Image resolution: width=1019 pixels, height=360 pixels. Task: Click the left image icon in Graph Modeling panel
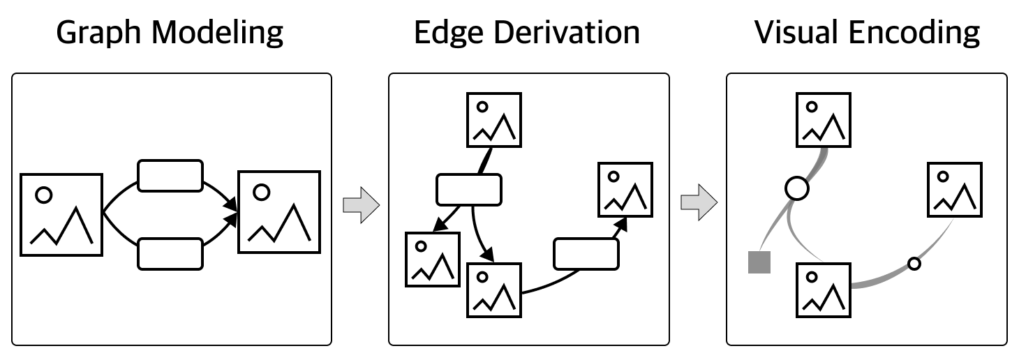click(61, 214)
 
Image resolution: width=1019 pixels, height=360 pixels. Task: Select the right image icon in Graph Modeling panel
click(279, 211)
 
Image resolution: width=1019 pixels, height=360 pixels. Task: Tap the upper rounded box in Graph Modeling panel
click(170, 176)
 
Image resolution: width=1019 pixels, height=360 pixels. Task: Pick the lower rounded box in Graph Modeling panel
click(170, 253)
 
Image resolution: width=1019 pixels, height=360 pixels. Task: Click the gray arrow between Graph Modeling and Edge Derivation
click(361, 205)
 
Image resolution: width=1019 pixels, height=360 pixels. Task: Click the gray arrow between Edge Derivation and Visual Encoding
click(699, 202)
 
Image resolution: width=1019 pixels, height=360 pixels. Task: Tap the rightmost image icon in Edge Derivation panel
click(625, 189)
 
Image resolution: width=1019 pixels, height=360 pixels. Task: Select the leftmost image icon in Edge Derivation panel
click(433, 260)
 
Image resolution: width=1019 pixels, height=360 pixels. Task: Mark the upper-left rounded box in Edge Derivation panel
click(469, 190)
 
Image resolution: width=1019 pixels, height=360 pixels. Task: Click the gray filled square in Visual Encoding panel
click(759, 262)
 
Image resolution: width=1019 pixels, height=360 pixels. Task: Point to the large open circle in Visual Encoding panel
click(796, 188)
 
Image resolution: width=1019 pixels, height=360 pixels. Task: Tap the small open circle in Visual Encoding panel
click(914, 264)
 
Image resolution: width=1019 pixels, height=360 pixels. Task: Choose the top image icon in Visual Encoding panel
click(824, 119)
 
